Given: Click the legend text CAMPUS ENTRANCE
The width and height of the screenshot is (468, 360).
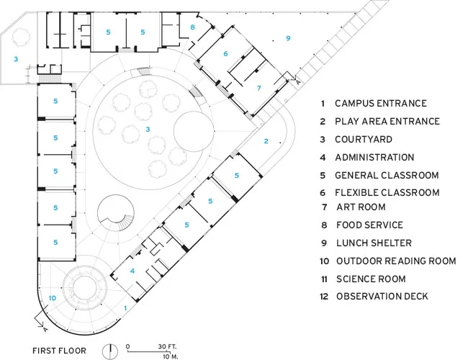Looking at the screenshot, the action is pos(381,103).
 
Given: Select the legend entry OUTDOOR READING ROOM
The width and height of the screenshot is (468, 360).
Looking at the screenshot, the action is pos(396,261).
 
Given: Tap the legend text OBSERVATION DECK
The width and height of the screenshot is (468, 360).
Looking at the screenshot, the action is pos(382,296).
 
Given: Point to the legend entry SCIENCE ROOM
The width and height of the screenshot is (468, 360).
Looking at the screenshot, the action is pos(371,279).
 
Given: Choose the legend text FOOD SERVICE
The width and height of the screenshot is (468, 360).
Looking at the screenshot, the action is pos(369,225).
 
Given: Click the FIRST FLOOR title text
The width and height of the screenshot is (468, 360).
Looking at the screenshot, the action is pos(59,351).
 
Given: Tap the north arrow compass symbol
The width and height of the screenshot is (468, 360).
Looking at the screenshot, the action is pos(110,351).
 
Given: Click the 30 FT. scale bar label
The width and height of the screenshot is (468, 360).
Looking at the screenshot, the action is pos(167,346).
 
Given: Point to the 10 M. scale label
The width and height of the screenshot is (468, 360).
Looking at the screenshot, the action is pos(171,356).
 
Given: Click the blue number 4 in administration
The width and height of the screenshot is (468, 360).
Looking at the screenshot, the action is pos(132,271).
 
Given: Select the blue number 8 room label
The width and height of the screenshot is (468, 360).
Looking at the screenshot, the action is pos(192,27).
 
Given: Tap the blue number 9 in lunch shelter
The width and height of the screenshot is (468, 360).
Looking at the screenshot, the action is pos(288,38).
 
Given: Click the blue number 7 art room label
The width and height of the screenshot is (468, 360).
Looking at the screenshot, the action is pos(259,88).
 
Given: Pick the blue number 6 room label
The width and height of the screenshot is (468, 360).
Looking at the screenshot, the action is pos(225,53).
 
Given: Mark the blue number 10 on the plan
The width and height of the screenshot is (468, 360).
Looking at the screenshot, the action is pos(53,298).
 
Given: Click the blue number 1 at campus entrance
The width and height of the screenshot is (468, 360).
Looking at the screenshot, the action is pos(125,308).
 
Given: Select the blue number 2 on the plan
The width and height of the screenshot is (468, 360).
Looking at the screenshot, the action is pos(266,141).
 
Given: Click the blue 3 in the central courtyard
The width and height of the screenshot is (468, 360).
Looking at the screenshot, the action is pos(148,130).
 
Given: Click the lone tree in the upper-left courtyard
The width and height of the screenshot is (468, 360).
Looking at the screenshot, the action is pos(21,37).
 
